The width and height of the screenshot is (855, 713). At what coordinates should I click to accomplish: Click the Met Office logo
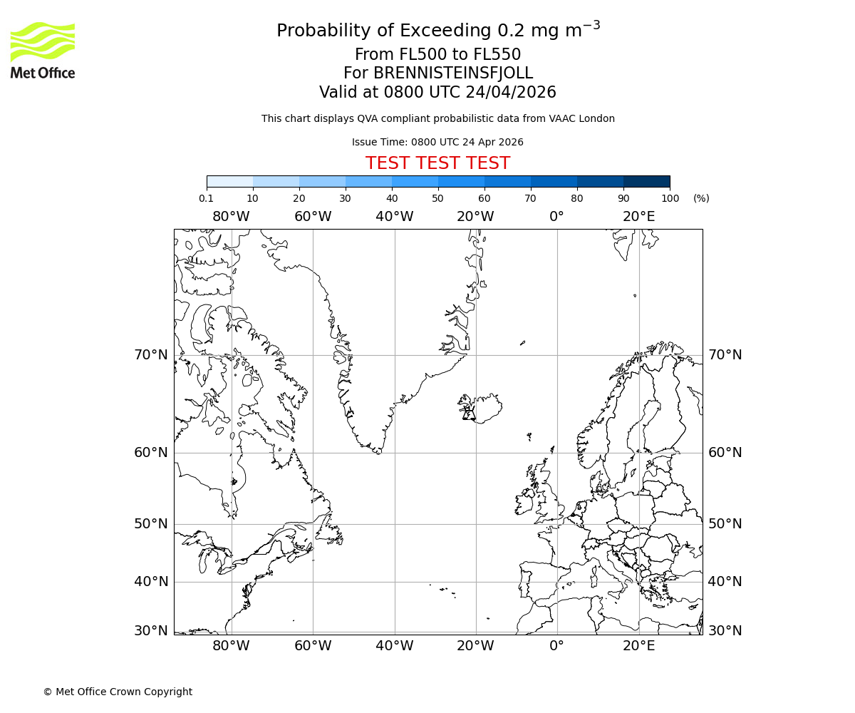tap(43, 50)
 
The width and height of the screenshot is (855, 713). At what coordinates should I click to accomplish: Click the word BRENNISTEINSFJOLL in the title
tap(453, 73)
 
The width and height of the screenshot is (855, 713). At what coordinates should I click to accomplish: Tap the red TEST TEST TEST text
tap(437, 163)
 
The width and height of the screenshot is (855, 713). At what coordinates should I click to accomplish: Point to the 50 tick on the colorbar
tap(437, 198)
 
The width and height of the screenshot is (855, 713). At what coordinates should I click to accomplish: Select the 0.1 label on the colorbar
tap(206, 198)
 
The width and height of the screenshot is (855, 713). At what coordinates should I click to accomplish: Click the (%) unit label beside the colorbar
tap(701, 198)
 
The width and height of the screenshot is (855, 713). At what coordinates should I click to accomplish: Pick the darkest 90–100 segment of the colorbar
tap(646, 181)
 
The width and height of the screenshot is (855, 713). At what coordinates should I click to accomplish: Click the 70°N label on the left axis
tap(151, 354)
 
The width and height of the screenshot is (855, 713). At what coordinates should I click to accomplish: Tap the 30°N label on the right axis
tap(725, 630)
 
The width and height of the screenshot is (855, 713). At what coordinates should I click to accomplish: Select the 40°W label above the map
tap(394, 216)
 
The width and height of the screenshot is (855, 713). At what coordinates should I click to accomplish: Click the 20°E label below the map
tap(638, 646)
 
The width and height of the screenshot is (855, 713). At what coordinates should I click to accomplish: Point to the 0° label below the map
tap(556, 646)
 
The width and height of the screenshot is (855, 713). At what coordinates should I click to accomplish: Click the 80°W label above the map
tap(231, 216)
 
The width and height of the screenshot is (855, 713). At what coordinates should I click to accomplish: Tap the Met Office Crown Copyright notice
tap(118, 692)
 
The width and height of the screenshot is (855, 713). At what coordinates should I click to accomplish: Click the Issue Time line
tap(437, 142)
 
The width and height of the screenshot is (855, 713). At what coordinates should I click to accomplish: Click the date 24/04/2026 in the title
tap(511, 93)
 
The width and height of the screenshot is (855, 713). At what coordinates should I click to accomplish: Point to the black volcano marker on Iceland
tap(468, 414)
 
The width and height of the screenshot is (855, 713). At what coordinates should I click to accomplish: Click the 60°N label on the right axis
tap(725, 452)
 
